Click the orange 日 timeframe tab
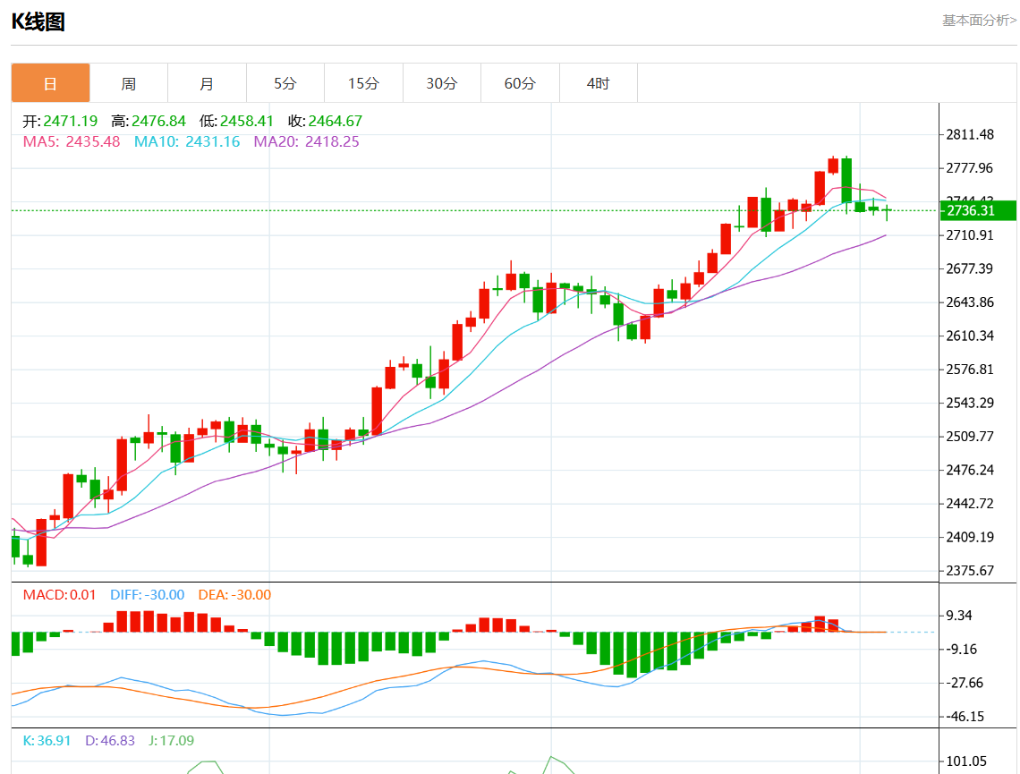point(50,83)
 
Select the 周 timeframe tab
point(129,83)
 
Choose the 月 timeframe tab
point(207,83)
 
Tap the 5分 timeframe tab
point(285,83)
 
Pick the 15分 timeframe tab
point(363,83)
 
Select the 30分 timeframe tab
point(441,83)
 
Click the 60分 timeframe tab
point(520,83)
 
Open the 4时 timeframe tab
point(598,83)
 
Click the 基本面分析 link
point(979,20)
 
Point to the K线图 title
point(38,21)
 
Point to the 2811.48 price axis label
point(970,134)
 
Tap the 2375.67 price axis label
point(970,570)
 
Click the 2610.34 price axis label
point(970,336)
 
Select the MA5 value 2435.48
point(92,141)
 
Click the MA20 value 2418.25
point(332,141)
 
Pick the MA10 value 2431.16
point(212,141)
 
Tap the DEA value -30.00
point(251,595)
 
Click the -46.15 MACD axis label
point(966,716)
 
